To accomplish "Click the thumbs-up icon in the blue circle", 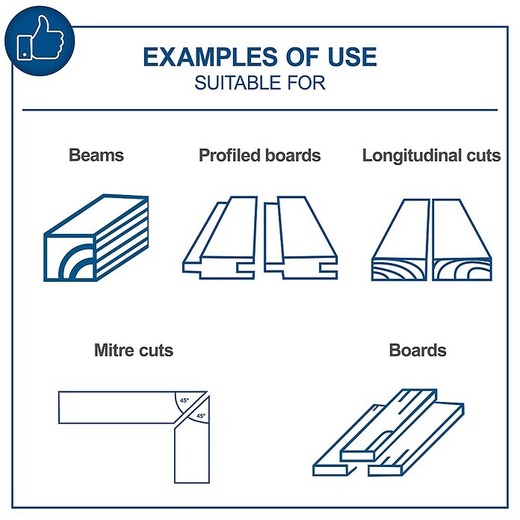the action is click(40, 40).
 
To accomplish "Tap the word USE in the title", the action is click(352, 57).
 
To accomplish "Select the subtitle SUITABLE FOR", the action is click(260, 83).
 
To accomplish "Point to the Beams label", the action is click(96, 155).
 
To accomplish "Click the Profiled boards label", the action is click(260, 155).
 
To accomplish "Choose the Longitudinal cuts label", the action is click(431, 155).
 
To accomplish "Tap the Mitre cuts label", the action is click(134, 350).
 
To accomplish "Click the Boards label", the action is click(418, 350).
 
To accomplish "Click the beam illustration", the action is click(96, 238).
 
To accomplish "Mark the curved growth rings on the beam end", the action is click(77, 262).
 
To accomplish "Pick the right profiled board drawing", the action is click(301, 238).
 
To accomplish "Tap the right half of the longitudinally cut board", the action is click(462, 240).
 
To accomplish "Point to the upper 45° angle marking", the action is click(185, 400).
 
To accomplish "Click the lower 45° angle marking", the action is click(200, 416).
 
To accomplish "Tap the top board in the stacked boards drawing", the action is click(389, 425).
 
